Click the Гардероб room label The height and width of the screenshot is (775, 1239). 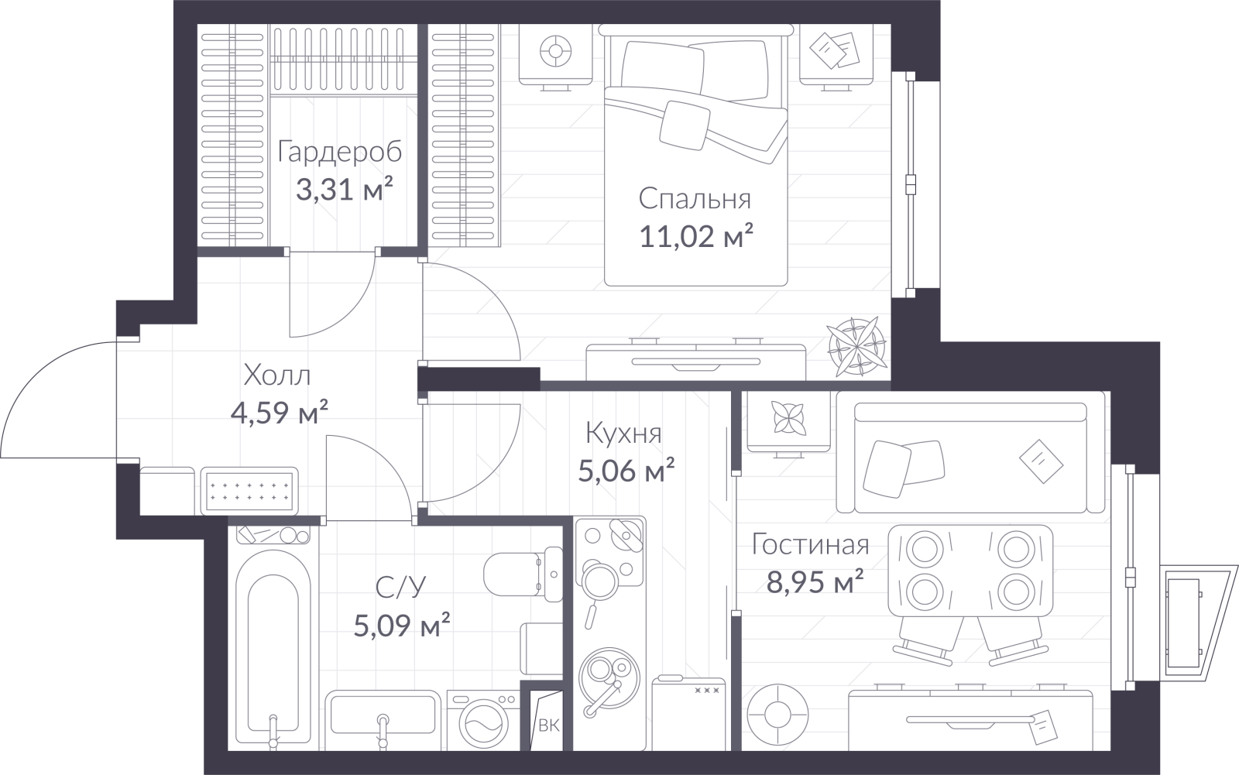point(340,152)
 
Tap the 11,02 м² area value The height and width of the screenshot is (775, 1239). point(696,236)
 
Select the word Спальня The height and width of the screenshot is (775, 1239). point(695,199)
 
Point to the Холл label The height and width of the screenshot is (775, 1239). point(277,375)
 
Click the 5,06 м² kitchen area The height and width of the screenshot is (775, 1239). point(626,471)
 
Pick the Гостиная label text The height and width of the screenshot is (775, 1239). point(810,545)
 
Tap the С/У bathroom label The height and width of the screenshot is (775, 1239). point(401,587)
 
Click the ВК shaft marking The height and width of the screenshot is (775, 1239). point(549,725)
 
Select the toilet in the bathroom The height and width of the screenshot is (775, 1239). point(523,574)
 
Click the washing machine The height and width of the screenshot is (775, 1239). point(483,720)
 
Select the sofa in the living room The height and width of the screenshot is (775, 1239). point(971,458)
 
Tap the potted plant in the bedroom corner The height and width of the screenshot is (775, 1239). point(856,347)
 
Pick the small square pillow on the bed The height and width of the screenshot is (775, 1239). point(685,125)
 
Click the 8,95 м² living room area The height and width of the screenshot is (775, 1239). point(815,581)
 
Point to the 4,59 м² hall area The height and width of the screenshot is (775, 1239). point(280,413)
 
